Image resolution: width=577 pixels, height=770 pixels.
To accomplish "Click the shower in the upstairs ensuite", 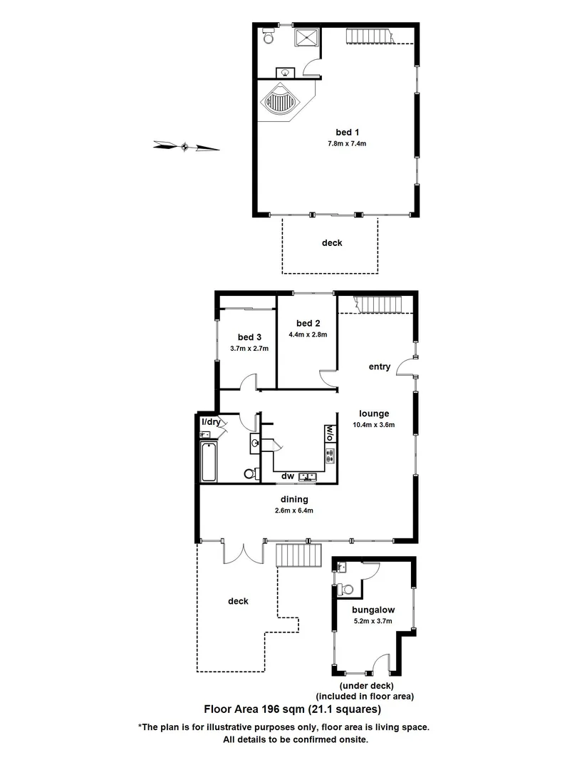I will tap(308, 37).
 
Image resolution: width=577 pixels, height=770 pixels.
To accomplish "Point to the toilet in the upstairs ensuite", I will tap(268, 34).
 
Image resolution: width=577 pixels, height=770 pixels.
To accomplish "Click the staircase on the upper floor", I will tap(370, 36).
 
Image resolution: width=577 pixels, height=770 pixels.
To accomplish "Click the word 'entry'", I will tap(379, 367).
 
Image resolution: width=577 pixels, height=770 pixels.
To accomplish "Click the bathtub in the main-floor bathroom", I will tap(209, 461).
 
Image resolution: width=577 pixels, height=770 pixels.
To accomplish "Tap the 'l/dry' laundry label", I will tap(212, 422).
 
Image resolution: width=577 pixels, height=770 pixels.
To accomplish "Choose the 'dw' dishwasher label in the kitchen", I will tap(288, 476).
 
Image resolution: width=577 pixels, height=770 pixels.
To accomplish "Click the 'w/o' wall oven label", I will tap(329, 433).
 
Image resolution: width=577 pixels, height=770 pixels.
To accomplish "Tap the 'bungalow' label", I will tap(373, 610).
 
